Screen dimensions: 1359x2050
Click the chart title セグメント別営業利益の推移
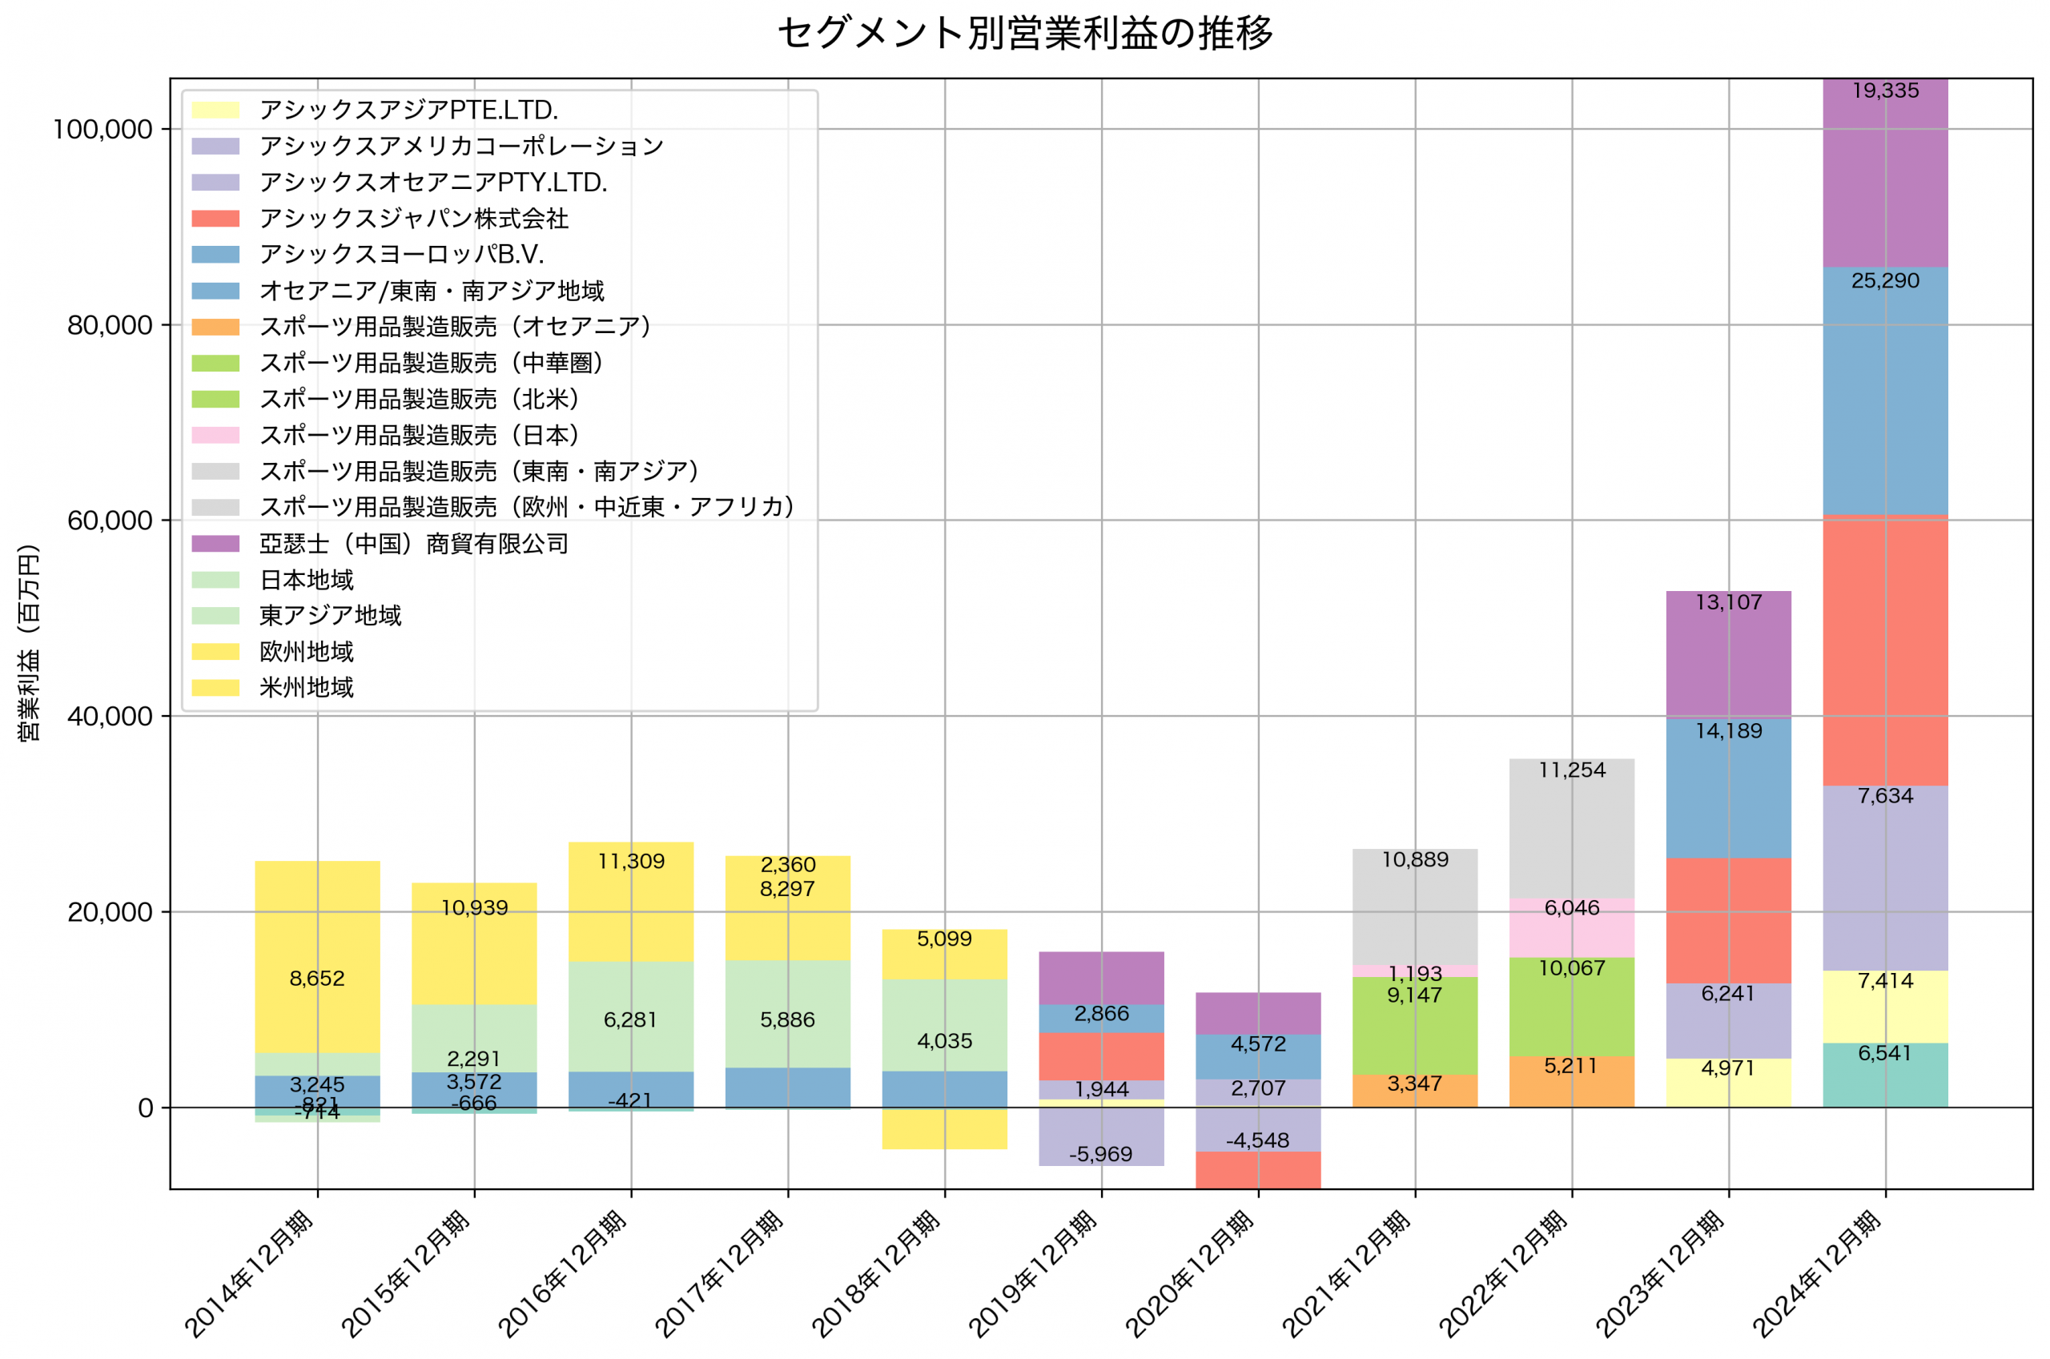click(x=1025, y=33)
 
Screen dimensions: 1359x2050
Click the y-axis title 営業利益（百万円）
click(x=29, y=642)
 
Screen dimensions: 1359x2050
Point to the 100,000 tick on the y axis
click(x=102, y=130)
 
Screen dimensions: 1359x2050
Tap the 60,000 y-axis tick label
click(x=109, y=521)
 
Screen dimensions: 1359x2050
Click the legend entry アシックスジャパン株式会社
click(x=413, y=219)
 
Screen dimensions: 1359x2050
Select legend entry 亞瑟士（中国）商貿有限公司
click(x=413, y=544)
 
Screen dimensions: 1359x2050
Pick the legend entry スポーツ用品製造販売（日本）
click(x=420, y=435)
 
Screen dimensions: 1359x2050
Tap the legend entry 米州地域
click(x=307, y=688)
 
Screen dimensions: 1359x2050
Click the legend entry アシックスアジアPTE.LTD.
click(x=408, y=110)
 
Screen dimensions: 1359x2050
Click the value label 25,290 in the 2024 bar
click(x=1885, y=281)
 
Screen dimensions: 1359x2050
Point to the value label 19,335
click(x=1885, y=91)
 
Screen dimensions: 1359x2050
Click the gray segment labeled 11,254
click(x=1572, y=828)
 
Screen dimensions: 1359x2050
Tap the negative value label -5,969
click(x=1100, y=1155)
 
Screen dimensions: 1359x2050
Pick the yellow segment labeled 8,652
click(x=317, y=958)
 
